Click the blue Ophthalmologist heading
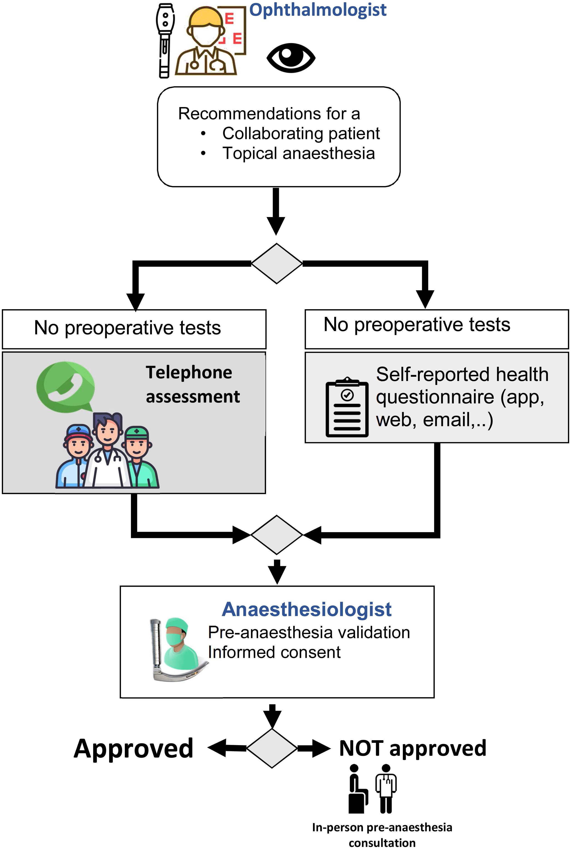coord(317,10)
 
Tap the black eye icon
coord(291,57)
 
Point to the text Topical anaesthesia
coord(299,153)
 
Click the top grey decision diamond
coord(277,264)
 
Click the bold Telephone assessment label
coord(192,384)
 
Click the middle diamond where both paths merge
coord(277,535)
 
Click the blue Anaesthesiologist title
coord(307,609)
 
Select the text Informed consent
coord(274,652)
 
